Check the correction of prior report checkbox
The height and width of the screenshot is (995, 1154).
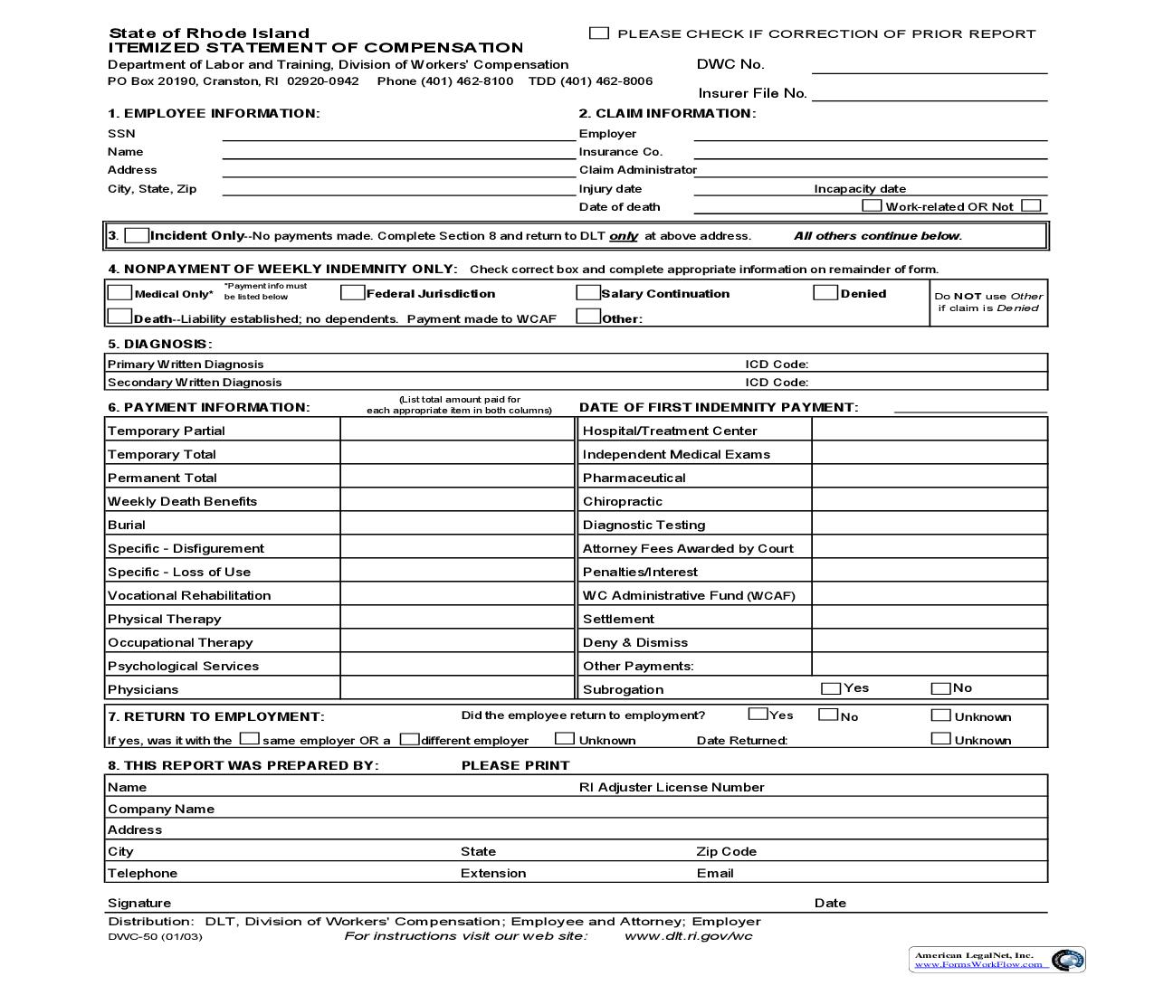[x=598, y=33]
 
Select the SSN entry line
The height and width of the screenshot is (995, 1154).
[x=398, y=134]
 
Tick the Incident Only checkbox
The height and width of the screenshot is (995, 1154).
[x=137, y=236]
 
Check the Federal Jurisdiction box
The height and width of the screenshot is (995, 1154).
[x=352, y=293]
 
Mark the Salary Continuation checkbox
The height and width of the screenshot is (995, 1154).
[x=587, y=293]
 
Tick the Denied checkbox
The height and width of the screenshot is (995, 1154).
[x=825, y=293]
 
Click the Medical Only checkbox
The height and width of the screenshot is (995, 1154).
[x=119, y=293]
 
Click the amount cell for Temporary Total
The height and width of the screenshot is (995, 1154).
[x=457, y=454]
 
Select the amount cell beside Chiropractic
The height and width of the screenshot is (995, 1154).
[x=929, y=501]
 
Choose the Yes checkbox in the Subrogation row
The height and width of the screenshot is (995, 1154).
[x=830, y=688]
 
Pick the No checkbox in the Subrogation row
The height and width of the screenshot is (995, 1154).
[x=940, y=688]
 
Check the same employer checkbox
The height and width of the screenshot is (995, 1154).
[x=249, y=739]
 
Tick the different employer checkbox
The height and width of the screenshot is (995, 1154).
[x=409, y=739]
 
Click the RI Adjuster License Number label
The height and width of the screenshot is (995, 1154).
[x=672, y=788]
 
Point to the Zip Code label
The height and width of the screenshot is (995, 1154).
[x=726, y=852]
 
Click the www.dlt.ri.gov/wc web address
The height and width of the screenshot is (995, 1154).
[x=688, y=936]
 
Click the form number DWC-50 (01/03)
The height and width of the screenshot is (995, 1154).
[x=155, y=937]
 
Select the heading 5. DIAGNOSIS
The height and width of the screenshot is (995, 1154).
[x=159, y=345]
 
